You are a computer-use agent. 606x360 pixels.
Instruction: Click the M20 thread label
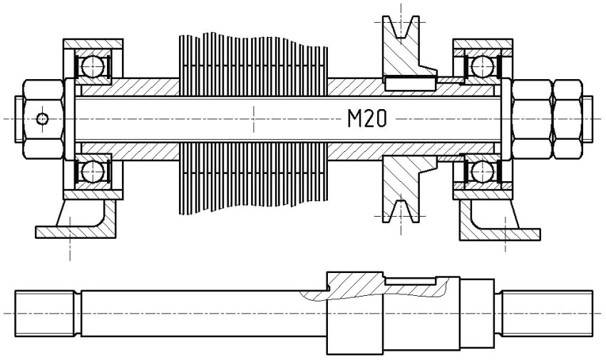(366, 119)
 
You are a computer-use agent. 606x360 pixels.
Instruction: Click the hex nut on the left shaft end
(39, 118)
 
